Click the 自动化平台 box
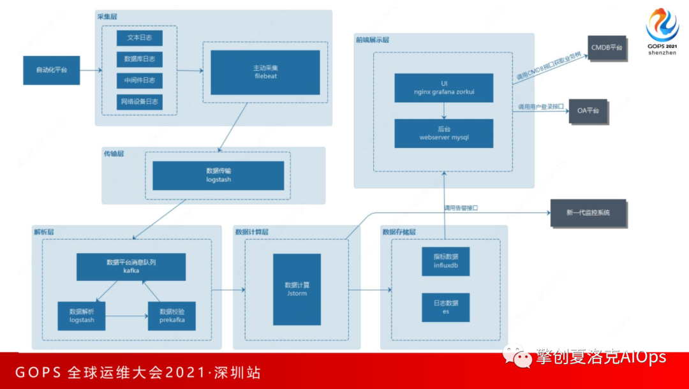tap(52, 70)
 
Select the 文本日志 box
tap(139, 38)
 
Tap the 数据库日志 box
tap(139, 60)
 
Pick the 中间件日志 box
tap(139, 81)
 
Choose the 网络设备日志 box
tap(139, 102)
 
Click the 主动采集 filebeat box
tap(265, 72)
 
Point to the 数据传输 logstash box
tap(218, 175)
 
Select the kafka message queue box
tap(131, 267)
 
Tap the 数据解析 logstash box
tap(82, 316)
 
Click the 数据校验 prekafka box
tap(172, 316)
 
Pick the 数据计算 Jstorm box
tap(297, 289)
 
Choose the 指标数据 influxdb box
tap(446, 261)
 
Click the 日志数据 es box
tap(446, 307)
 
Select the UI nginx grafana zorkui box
tap(443, 88)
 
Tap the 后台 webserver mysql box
tap(443, 133)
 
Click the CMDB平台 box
tap(607, 48)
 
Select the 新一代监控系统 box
tap(588, 212)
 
